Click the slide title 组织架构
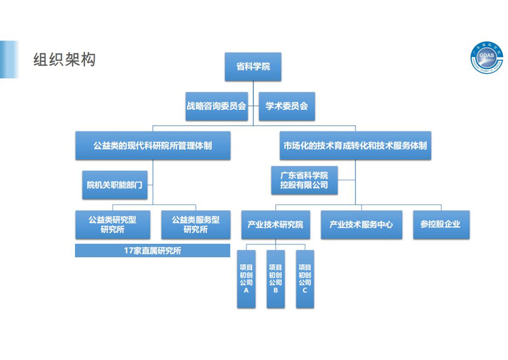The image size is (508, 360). [x=64, y=60]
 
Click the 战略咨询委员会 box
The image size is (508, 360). [x=216, y=106]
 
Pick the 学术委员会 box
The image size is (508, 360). [x=287, y=106]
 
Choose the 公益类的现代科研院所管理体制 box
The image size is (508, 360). [x=152, y=146]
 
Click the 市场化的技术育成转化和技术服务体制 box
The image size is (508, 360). [x=355, y=146]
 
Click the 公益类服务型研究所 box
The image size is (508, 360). [x=195, y=225]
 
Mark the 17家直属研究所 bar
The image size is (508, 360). [x=152, y=251]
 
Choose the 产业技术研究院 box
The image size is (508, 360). [x=275, y=225]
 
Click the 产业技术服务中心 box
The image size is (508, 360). [x=361, y=225]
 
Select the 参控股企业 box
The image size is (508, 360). [x=441, y=225]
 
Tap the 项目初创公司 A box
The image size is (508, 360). [x=246, y=279]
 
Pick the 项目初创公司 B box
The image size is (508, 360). [x=276, y=279]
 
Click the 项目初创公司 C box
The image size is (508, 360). [x=305, y=279]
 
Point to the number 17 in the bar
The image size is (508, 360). [x=129, y=251]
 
